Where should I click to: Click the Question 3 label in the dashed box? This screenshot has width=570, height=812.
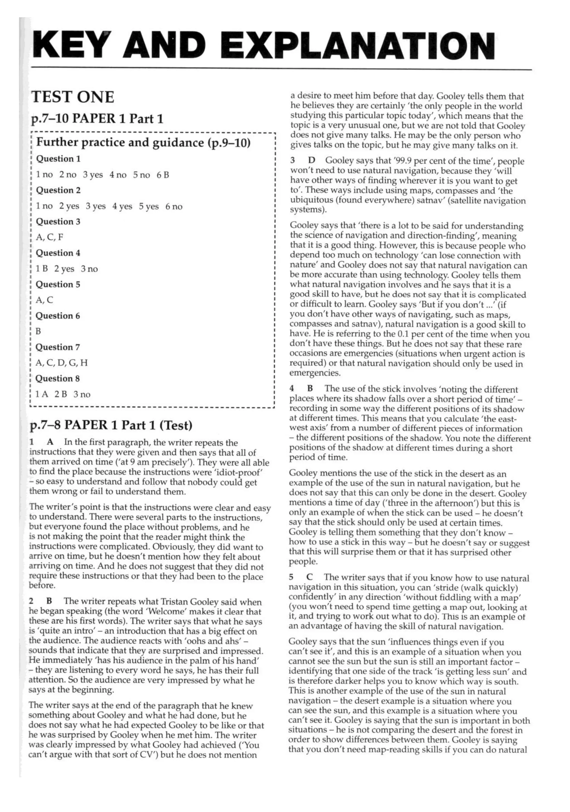click(58, 222)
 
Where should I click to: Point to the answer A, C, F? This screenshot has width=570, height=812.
click(50, 237)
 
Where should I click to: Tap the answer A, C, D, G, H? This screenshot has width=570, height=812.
click(62, 363)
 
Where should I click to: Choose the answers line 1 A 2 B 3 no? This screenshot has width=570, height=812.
click(63, 394)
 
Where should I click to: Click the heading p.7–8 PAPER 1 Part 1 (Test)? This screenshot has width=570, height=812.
click(111, 425)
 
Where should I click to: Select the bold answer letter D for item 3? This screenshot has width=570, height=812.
click(311, 161)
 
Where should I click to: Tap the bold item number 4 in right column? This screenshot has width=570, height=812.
click(292, 389)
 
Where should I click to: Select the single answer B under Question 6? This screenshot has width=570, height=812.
click(38, 331)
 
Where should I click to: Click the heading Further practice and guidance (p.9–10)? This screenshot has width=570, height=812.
click(143, 143)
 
